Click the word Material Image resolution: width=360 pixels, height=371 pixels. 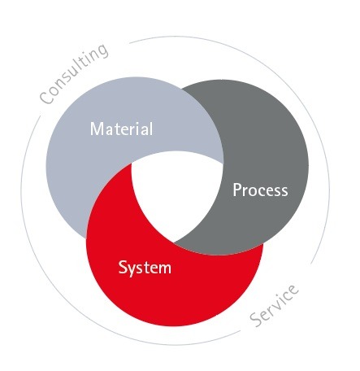tap(121, 129)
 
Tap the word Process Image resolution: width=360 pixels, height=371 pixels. tap(260, 190)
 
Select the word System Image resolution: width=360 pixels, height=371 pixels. tap(145, 268)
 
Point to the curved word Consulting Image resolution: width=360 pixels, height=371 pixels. tap(74, 73)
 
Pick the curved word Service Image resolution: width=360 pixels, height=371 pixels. tap(274, 305)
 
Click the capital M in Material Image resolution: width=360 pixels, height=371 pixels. tap(97, 129)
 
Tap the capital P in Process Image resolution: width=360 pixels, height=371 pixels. tap(237, 190)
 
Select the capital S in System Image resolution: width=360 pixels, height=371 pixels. tap(123, 267)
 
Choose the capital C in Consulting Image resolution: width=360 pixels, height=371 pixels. tap(46, 98)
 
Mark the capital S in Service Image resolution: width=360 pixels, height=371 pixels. tap(256, 320)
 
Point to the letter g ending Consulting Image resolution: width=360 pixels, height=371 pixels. tap(102, 51)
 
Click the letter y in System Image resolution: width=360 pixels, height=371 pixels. tap(132, 270)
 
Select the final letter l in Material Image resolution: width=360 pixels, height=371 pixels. tap(151, 129)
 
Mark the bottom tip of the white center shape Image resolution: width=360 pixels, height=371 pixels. tap(173, 242)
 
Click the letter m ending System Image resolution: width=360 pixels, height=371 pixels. tap(164, 268)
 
